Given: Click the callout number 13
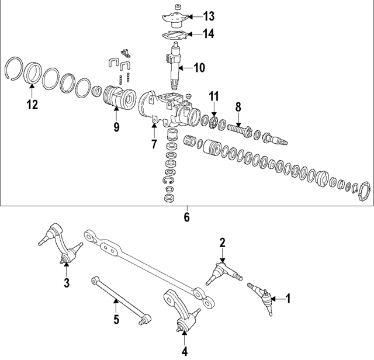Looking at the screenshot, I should (209, 15).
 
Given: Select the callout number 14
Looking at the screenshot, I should (209, 34).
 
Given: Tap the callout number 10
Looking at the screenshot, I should (199, 68).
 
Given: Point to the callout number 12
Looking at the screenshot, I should (31, 105).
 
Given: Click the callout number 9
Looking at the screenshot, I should (116, 126).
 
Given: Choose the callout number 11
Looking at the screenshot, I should (214, 95).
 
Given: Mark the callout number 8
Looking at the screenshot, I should (238, 107).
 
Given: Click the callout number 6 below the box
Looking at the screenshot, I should (187, 217).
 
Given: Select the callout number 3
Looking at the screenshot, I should (66, 283).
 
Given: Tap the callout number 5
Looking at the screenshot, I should (116, 320).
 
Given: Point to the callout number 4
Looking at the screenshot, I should (185, 352).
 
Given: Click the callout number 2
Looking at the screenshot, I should (222, 242).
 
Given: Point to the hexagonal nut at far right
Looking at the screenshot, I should (364, 193).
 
